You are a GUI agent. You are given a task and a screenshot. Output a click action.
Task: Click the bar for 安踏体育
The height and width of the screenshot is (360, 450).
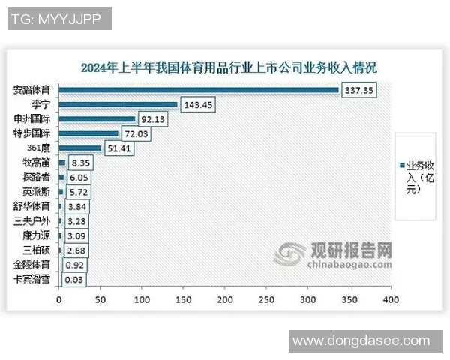[199, 90]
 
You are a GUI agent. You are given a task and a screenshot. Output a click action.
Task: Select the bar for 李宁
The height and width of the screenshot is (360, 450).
[118, 104]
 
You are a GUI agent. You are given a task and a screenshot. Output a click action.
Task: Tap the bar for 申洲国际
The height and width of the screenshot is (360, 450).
[97, 119]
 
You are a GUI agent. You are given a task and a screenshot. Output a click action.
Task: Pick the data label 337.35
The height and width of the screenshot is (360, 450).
[359, 90]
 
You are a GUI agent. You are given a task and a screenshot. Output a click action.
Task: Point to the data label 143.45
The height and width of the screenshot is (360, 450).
[198, 105]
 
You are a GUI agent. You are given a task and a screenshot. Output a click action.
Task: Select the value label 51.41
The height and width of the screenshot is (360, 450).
[120, 148]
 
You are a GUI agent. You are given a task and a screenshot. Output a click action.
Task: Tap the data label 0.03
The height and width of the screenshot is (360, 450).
[74, 280]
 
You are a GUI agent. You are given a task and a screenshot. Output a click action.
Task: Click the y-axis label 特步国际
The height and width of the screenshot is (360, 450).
[33, 134]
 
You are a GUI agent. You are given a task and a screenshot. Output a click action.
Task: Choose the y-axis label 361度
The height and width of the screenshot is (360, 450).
[40, 148]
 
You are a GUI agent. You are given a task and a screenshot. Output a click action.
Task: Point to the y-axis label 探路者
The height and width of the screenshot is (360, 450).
[37, 178]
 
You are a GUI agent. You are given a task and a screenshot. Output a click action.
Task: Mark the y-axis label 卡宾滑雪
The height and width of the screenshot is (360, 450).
[33, 280]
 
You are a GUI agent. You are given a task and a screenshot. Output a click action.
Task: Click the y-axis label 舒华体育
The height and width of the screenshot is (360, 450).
[33, 207]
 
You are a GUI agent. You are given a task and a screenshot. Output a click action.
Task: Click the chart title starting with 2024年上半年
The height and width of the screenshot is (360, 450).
[229, 67]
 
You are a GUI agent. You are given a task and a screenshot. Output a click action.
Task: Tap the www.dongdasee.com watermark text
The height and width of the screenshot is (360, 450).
[362, 341]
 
